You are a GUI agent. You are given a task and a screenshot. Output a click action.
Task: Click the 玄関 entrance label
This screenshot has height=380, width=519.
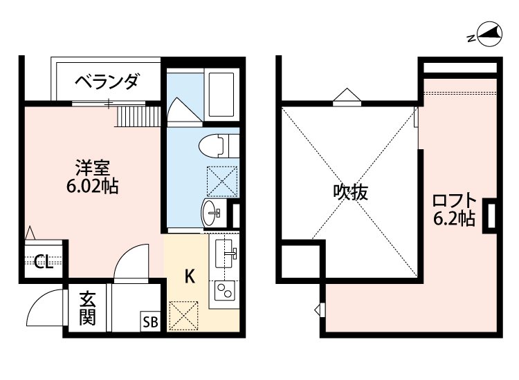coord(86,309)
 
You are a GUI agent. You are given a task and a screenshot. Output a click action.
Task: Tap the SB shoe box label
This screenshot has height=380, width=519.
coord(150,321)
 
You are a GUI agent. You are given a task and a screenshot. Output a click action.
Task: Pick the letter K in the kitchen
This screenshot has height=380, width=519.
coord(189,276)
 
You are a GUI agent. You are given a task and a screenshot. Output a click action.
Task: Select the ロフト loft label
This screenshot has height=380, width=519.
coord(454,202)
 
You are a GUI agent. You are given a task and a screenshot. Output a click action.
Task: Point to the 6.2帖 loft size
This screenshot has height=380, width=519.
coord(454,220)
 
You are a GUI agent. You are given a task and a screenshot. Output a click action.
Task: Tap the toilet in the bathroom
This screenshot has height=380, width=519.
coord(215,146)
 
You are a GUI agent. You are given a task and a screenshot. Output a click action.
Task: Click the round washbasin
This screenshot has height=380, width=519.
coord(212,213)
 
